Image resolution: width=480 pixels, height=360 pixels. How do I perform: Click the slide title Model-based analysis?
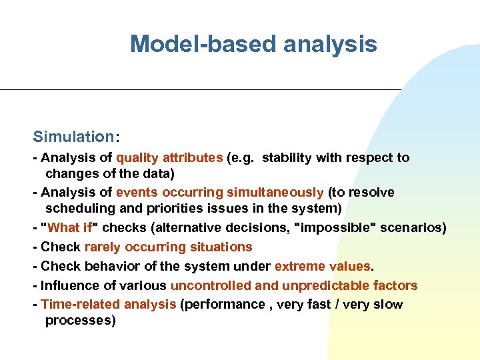click(253, 45)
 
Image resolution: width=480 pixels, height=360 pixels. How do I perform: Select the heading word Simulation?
click(74, 137)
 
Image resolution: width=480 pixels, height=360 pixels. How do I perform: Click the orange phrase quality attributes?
click(169, 158)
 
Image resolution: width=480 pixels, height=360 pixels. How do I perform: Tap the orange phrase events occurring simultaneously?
click(219, 193)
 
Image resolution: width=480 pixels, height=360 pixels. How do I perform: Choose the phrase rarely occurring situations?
click(168, 247)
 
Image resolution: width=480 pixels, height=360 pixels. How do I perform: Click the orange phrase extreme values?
click(322, 267)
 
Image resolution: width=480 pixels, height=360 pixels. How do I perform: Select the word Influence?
click(69, 286)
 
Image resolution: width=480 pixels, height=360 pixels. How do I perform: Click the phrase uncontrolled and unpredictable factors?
click(294, 286)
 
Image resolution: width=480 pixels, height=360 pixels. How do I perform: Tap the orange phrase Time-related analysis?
click(109, 305)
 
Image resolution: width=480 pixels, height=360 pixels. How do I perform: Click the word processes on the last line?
click(80, 321)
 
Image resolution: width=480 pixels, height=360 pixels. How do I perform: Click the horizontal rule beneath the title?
click(200, 89)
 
